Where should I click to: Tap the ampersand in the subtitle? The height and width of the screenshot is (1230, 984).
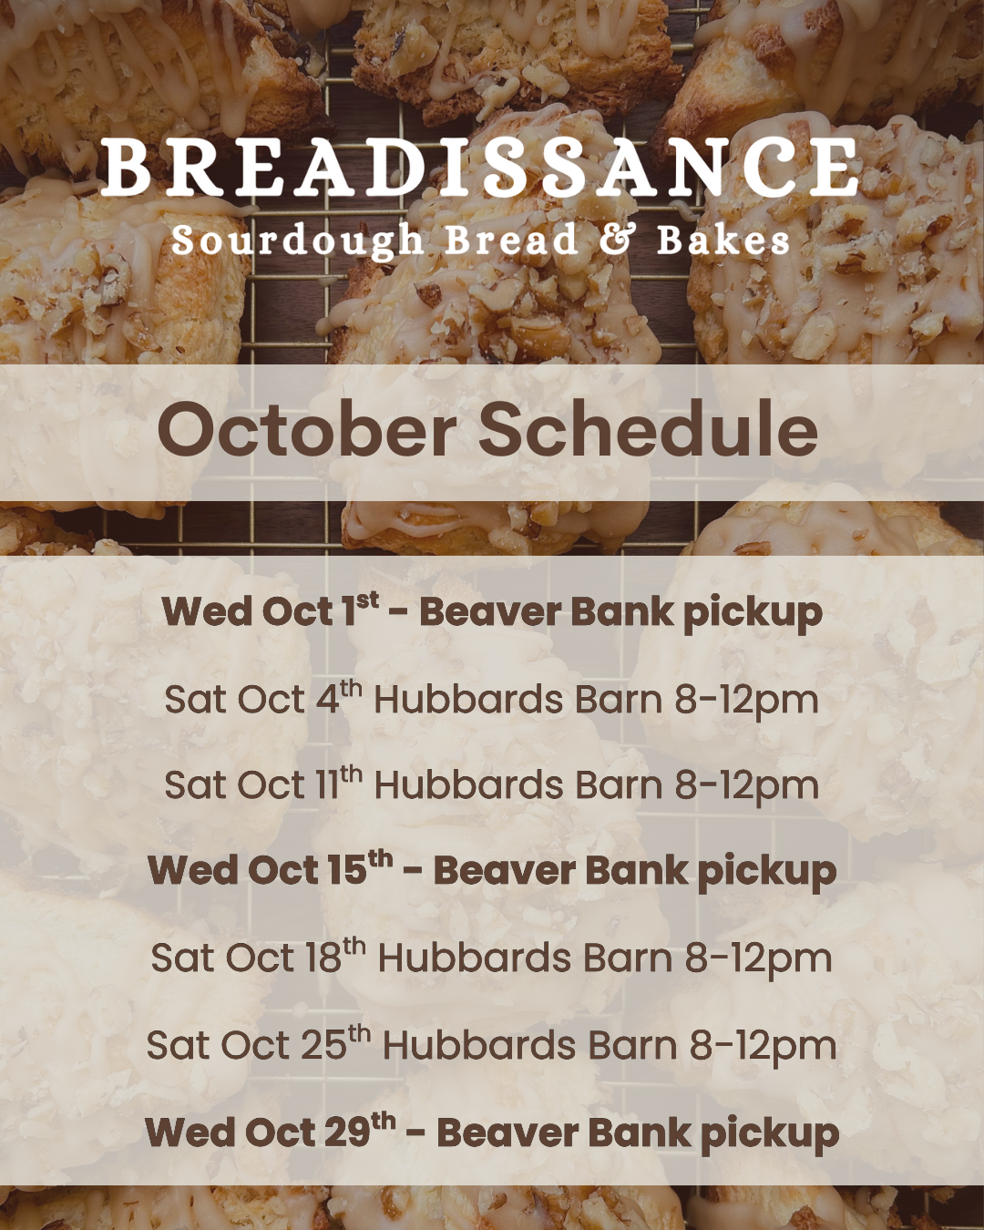(x=618, y=240)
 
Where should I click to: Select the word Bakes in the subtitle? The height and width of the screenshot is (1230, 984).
(x=723, y=240)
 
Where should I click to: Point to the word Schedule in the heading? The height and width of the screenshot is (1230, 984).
(x=649, y=429)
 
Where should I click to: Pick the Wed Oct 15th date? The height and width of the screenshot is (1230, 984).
(x=271, y=869)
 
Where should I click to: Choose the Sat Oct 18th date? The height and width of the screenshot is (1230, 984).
(x=259, y=957)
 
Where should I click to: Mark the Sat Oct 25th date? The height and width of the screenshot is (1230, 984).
(x=259, y=1043)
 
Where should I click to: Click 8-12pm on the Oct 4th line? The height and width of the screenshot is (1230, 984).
(x=747, y=700)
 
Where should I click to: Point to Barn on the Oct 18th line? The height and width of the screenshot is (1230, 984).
(x=628, y=958)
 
